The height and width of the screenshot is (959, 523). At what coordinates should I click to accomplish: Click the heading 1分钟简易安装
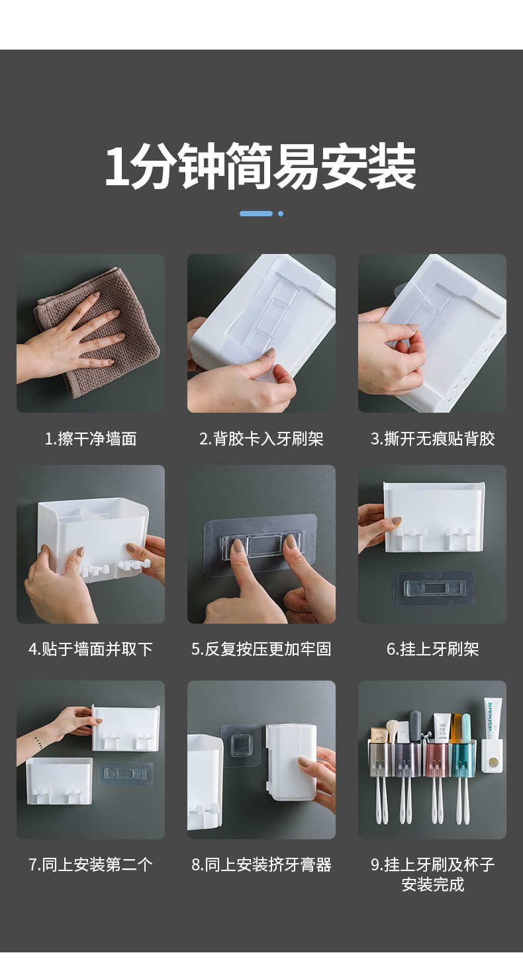coord(260,167)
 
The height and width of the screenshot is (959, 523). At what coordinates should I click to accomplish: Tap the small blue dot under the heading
coord(281,214)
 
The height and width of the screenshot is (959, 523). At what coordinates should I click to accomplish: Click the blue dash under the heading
coord(256,214)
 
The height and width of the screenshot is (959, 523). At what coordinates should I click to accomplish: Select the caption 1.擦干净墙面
coord(91,438)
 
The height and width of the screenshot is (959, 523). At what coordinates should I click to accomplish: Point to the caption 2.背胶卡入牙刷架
coord(261,438)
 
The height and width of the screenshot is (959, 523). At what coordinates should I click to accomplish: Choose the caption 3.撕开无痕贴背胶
coord(432,438)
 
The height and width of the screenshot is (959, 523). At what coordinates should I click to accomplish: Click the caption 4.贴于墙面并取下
coord(91,649)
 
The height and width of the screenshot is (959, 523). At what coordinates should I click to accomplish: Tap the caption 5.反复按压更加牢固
coord(261,649)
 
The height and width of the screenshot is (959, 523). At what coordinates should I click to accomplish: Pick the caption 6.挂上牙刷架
coord(432,649)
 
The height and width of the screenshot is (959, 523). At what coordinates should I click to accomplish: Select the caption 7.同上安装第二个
coord(91,864)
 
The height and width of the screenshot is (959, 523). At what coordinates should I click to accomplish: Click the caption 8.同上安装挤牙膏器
coord(261,864)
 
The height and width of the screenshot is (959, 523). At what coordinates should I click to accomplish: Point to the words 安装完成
coord(432,884)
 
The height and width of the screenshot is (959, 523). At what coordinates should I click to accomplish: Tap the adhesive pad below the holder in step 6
coord(433,587)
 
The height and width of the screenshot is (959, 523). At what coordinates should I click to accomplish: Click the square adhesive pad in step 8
coord(241,746)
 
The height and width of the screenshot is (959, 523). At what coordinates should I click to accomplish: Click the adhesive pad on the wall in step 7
coord(126,772)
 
